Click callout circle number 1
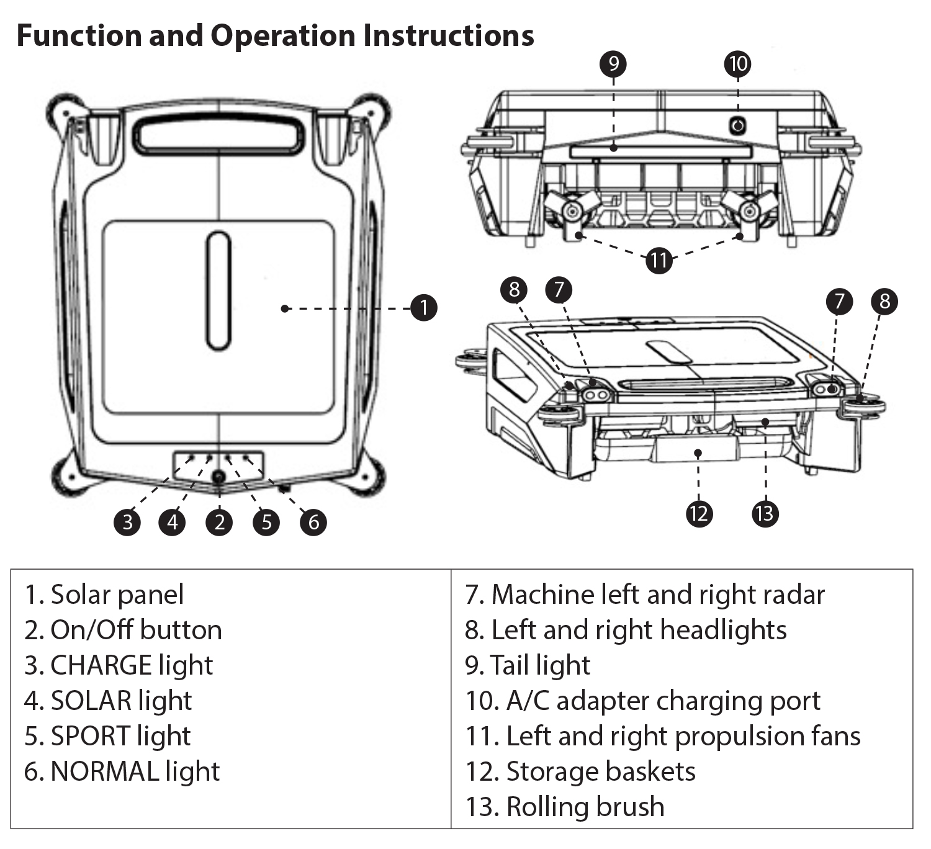(424, 308)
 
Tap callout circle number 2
(219, 522)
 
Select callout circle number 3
(128, 522)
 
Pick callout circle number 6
(313, 522)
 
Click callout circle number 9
(613, 64)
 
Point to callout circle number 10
(738, 64)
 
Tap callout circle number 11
(659, 259)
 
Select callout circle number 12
(699, 514)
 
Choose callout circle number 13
(765, 514)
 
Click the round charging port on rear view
(737, 127)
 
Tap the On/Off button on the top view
(218, 477)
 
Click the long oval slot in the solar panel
(218, 290)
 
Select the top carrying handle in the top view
(218, 136)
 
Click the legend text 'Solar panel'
(117, 595)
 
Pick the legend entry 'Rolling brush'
(585, 807)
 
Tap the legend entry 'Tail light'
(540, 665)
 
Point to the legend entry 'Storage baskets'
(600, 771)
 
